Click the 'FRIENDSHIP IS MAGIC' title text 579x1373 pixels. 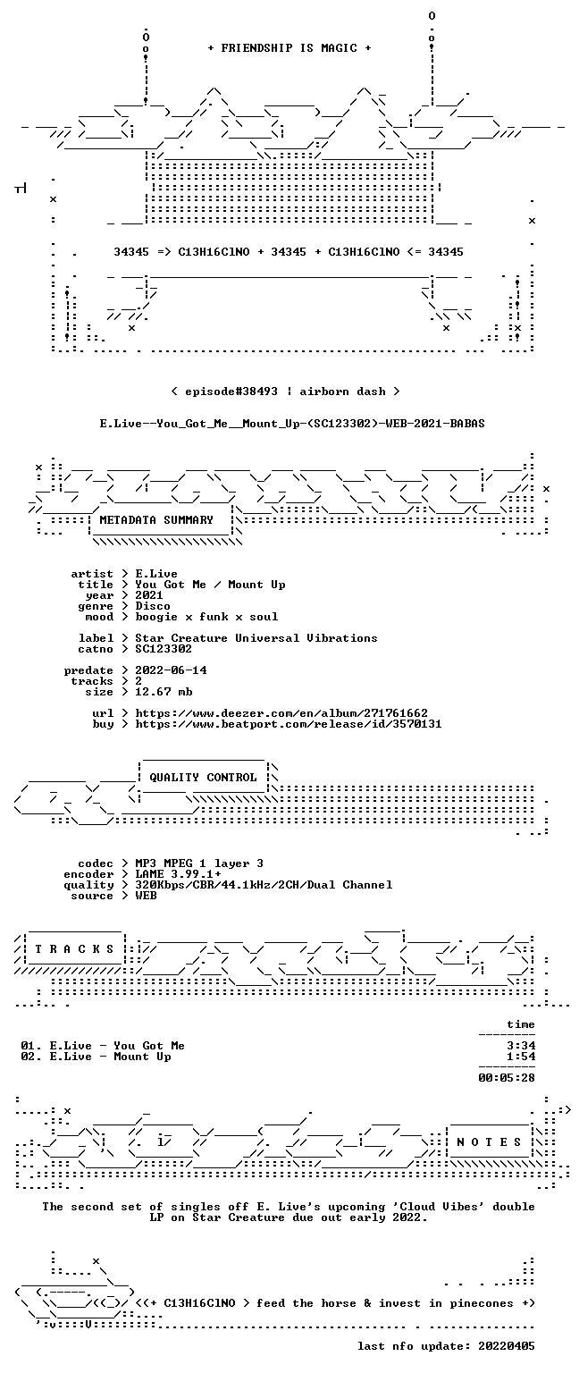pyautogui.click(x=289, y=47)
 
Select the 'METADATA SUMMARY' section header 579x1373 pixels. pyautogui.click(x=156, y=520)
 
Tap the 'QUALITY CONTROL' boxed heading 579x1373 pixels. pyautogui.click(x=203, y=778)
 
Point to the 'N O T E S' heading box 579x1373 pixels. pyautogui.click(x=489, y=1142)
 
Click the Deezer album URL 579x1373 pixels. pyautogui.click(x=281, y=713)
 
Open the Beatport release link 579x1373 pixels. pyautogui.click(x=288, y=724)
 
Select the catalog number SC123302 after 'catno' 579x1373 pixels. pyautogui.click(x=163, y=649)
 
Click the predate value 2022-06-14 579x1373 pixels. pyautogui.click(x=171, y=670)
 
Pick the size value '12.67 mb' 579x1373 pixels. pyautogui.click(x=164, y=692)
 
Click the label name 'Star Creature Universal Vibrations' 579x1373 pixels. pyautogui.click(x=256, y=638)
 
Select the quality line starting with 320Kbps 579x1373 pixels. pyautogui.click(x=264, y=885)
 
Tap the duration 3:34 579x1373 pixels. pyautogui.click(x=521, y=1046)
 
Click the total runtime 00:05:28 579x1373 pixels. pyautogui.click(x=507, y=1078)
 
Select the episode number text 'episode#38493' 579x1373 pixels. pyautogui.click(x=231, y=392)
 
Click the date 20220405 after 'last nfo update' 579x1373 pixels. pyautogui.click(x=507, y=1346)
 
